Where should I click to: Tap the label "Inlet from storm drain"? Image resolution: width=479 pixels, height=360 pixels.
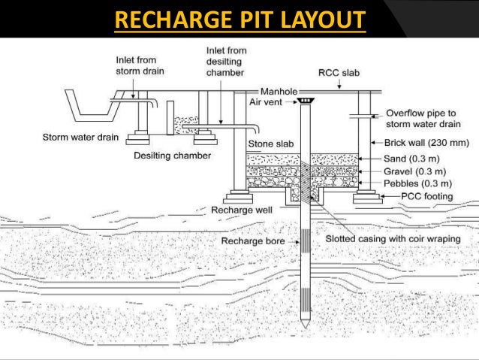click(140, 66)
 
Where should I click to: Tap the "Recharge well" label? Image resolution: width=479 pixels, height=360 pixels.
click(242, 210)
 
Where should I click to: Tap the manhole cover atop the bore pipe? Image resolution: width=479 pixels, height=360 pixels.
click(306, 101)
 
